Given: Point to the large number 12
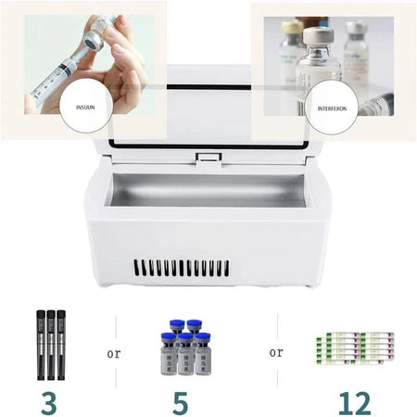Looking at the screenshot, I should coord(354,401).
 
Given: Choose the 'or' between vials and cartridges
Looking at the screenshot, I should coord(275,351).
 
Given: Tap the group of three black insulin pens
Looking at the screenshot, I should coord(51,344).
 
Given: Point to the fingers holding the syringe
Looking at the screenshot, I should coord(120,74).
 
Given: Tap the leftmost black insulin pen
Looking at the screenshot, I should coord(41,344).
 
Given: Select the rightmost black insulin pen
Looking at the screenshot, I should coord(62,344).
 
